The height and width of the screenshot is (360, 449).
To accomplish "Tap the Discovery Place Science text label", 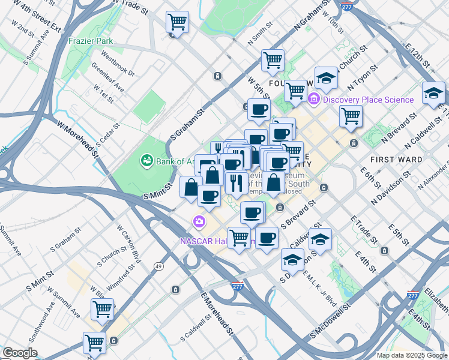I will pos(368,100).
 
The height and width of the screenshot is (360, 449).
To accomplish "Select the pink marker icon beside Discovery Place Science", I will pos(313,99).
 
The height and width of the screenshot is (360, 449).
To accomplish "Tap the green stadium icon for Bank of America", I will pos(146,160).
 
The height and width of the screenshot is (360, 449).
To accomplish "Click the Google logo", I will pos(20,353).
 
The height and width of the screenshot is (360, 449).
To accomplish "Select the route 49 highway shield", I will pos(158,266).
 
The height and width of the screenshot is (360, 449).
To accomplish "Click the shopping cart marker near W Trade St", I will pos(177,23).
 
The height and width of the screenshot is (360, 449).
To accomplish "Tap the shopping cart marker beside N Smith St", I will pos(273,60).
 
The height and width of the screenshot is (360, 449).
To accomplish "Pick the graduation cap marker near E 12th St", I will pos(433,93).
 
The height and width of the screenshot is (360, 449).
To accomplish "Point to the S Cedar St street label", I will pos(109,137).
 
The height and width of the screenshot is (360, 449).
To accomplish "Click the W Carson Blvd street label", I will pos(128,244).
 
